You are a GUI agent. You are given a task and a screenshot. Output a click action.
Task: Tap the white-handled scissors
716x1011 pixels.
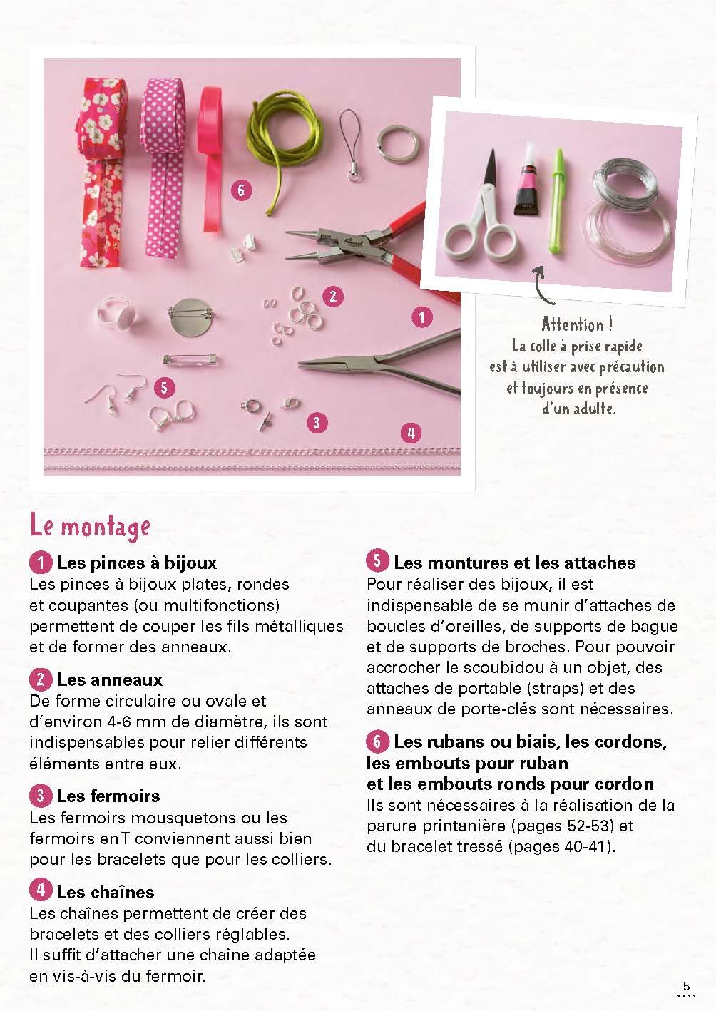point(482,212)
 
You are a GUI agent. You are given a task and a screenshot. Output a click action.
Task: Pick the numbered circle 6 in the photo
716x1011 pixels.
point(241,190)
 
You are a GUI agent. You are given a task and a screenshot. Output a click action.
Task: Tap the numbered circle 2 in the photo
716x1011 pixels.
point(333,297)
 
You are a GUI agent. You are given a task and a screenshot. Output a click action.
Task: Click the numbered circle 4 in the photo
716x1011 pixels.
point(411,433)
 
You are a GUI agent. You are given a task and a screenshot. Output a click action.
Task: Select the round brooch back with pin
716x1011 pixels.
point(190,315)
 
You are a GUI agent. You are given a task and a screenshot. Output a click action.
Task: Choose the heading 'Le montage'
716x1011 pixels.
point(90,527)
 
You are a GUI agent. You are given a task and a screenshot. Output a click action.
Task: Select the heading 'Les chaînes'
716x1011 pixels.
point(106,892)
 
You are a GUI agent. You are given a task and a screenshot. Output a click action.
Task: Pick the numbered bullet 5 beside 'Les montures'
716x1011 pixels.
point(377,561)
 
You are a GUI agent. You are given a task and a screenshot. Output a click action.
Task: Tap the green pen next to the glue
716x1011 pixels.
point(558,201)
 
